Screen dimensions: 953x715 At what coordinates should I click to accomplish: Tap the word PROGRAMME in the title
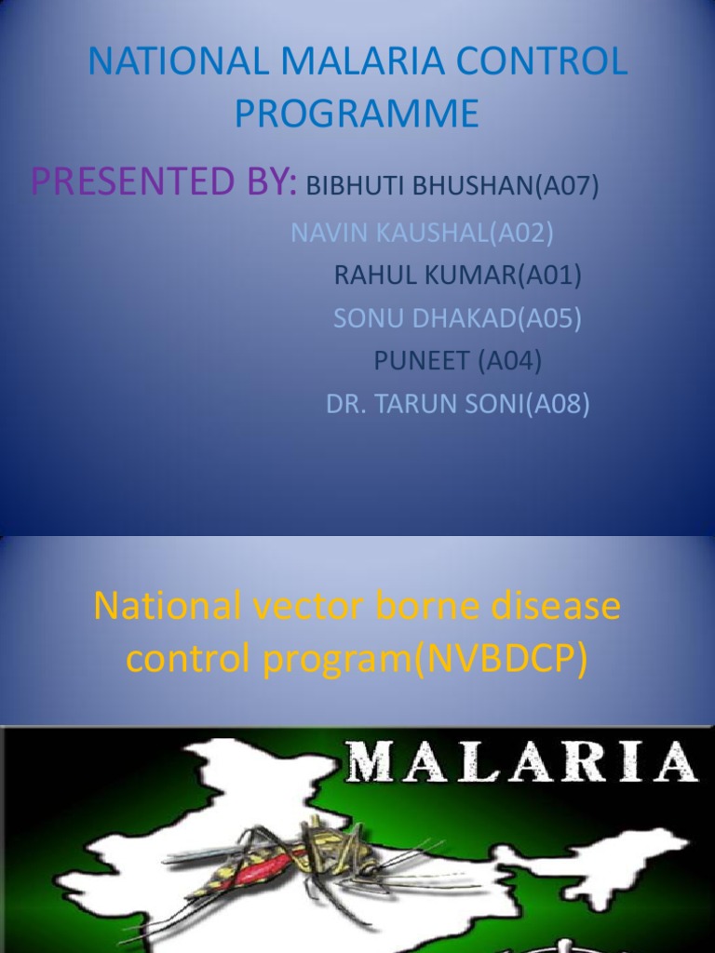(357, 114)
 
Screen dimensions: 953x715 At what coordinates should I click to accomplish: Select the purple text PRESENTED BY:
(164, 182)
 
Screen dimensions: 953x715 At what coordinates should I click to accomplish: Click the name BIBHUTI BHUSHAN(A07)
(452, 186)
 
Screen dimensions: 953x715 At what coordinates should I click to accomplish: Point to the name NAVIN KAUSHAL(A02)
(422, 234)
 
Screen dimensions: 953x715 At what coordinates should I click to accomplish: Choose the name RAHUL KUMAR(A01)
(457, 275)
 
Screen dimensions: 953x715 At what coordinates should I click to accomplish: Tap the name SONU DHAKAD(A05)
(457, 318)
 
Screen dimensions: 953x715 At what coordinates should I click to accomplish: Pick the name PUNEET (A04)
(457, 361)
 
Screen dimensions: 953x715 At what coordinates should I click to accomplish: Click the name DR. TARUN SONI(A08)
(457, 404)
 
